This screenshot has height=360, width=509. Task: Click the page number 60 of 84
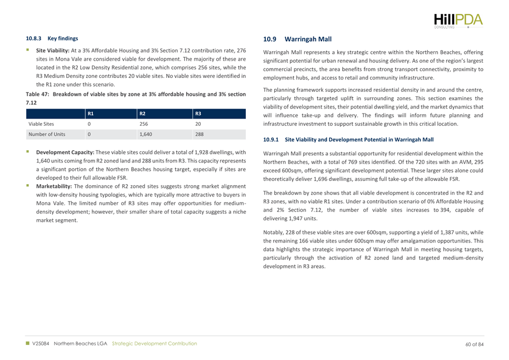tap(475, 344)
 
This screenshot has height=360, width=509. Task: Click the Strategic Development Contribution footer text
tap(155, 344)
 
